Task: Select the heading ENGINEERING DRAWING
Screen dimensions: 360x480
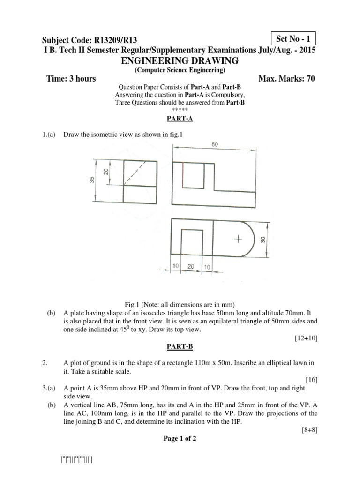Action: (180, 61)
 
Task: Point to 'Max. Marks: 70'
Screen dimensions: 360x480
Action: (286, 79)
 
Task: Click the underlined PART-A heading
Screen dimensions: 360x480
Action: (180, 119)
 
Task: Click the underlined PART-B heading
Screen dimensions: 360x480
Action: (180, 347)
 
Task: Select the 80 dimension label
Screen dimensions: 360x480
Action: (215, 145)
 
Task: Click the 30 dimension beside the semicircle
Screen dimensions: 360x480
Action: (263, 240)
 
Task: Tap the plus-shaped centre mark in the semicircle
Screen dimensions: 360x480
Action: (238, 239)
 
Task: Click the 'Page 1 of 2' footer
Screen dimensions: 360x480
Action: (180, 439)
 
